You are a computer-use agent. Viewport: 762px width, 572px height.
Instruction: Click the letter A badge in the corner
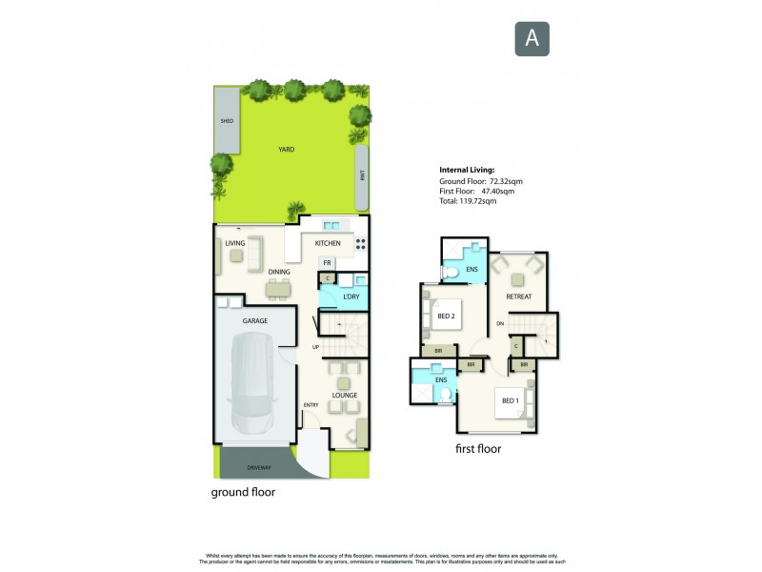coord(532,38)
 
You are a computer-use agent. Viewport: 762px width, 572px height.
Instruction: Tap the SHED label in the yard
coord(227,121)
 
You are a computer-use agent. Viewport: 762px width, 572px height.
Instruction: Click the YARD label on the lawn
coord(285,150)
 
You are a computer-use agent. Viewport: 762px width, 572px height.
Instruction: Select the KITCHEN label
coord(328,243)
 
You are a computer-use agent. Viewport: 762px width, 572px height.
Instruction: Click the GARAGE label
coord(254,321)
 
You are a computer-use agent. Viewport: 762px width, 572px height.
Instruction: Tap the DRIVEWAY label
coord(259,467)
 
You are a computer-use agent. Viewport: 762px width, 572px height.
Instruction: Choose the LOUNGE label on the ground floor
coord(344,394)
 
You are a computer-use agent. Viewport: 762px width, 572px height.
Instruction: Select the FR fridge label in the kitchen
coord(327,262)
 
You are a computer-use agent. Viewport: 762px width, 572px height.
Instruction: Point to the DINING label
coord(279,273)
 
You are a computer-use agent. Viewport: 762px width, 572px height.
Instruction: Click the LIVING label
coord(235,243)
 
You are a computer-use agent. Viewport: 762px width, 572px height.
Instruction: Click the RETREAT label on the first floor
coord(518,296)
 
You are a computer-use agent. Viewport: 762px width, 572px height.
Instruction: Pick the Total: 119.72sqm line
coord(470,202)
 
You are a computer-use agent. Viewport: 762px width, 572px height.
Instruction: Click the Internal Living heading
coord(467,170)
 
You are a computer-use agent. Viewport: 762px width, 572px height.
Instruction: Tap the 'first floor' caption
coord(478,448)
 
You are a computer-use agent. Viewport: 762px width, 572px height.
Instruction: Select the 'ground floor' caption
coord(243,494)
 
